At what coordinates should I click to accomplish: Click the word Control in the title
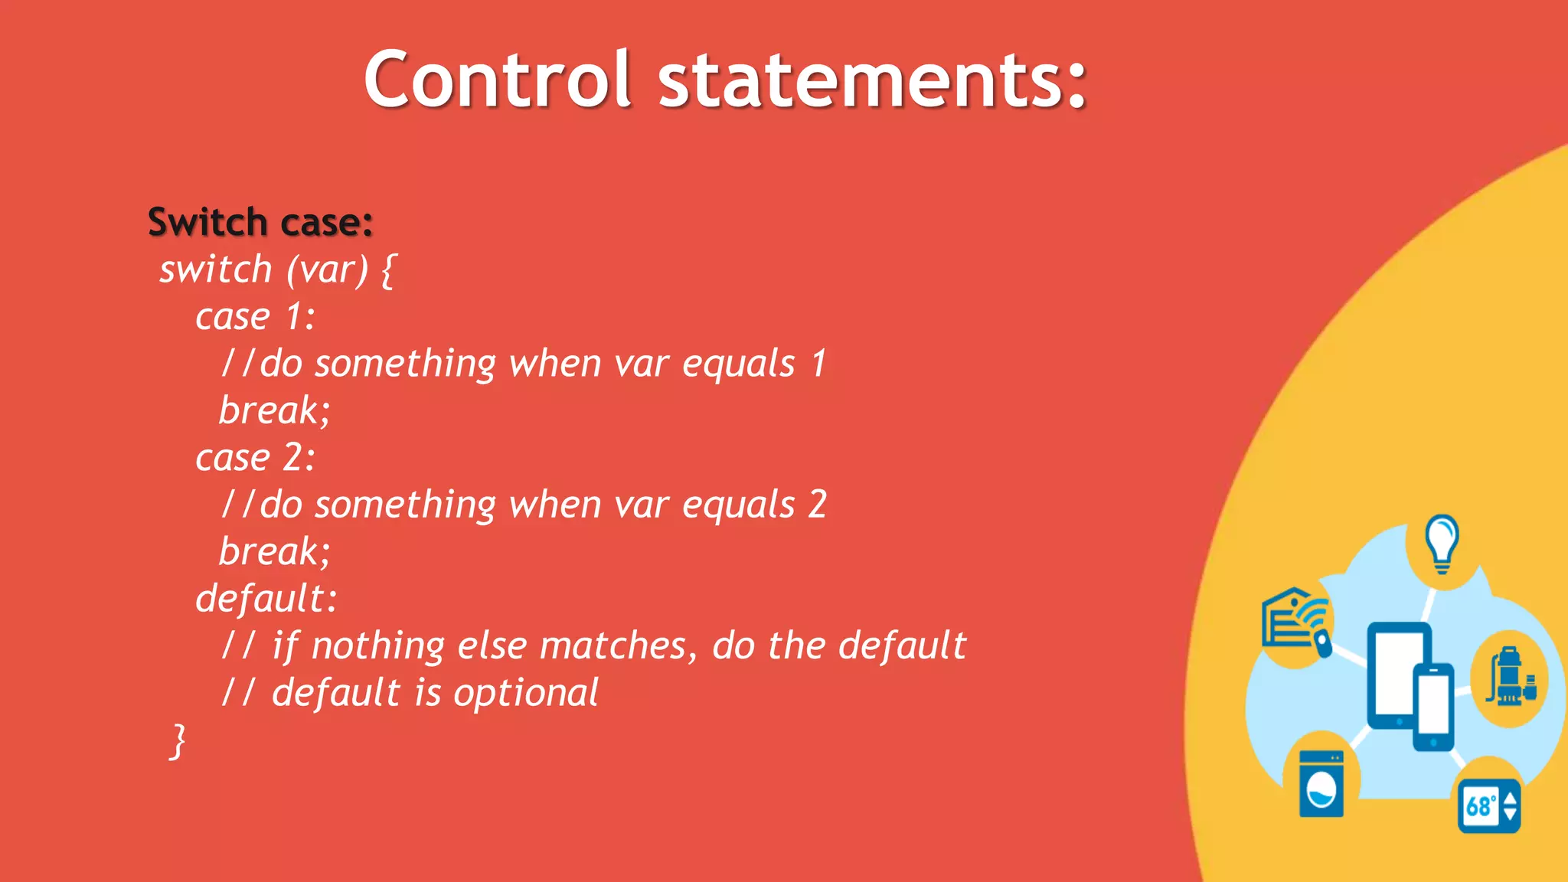click(498, 79)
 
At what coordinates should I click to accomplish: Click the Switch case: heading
click(260, 222)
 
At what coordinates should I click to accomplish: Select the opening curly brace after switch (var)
click(388, 270)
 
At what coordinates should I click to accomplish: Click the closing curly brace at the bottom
click(177, 740)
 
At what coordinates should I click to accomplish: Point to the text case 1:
click(255, 316)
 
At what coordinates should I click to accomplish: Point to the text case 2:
click(255, 458)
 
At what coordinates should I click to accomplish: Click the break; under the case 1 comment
click(274, 410)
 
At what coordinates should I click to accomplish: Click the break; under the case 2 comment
click(274, 551)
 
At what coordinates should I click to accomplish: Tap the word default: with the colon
click(266, 599)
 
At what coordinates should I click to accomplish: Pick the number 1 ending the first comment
click(818, 363)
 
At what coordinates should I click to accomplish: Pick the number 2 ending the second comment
click(818, 505)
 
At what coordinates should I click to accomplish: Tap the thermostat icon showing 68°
click(1488, 805)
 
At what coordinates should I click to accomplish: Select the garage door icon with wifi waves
click(1296, 620)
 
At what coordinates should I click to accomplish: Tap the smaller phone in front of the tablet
click(1432, 706)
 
